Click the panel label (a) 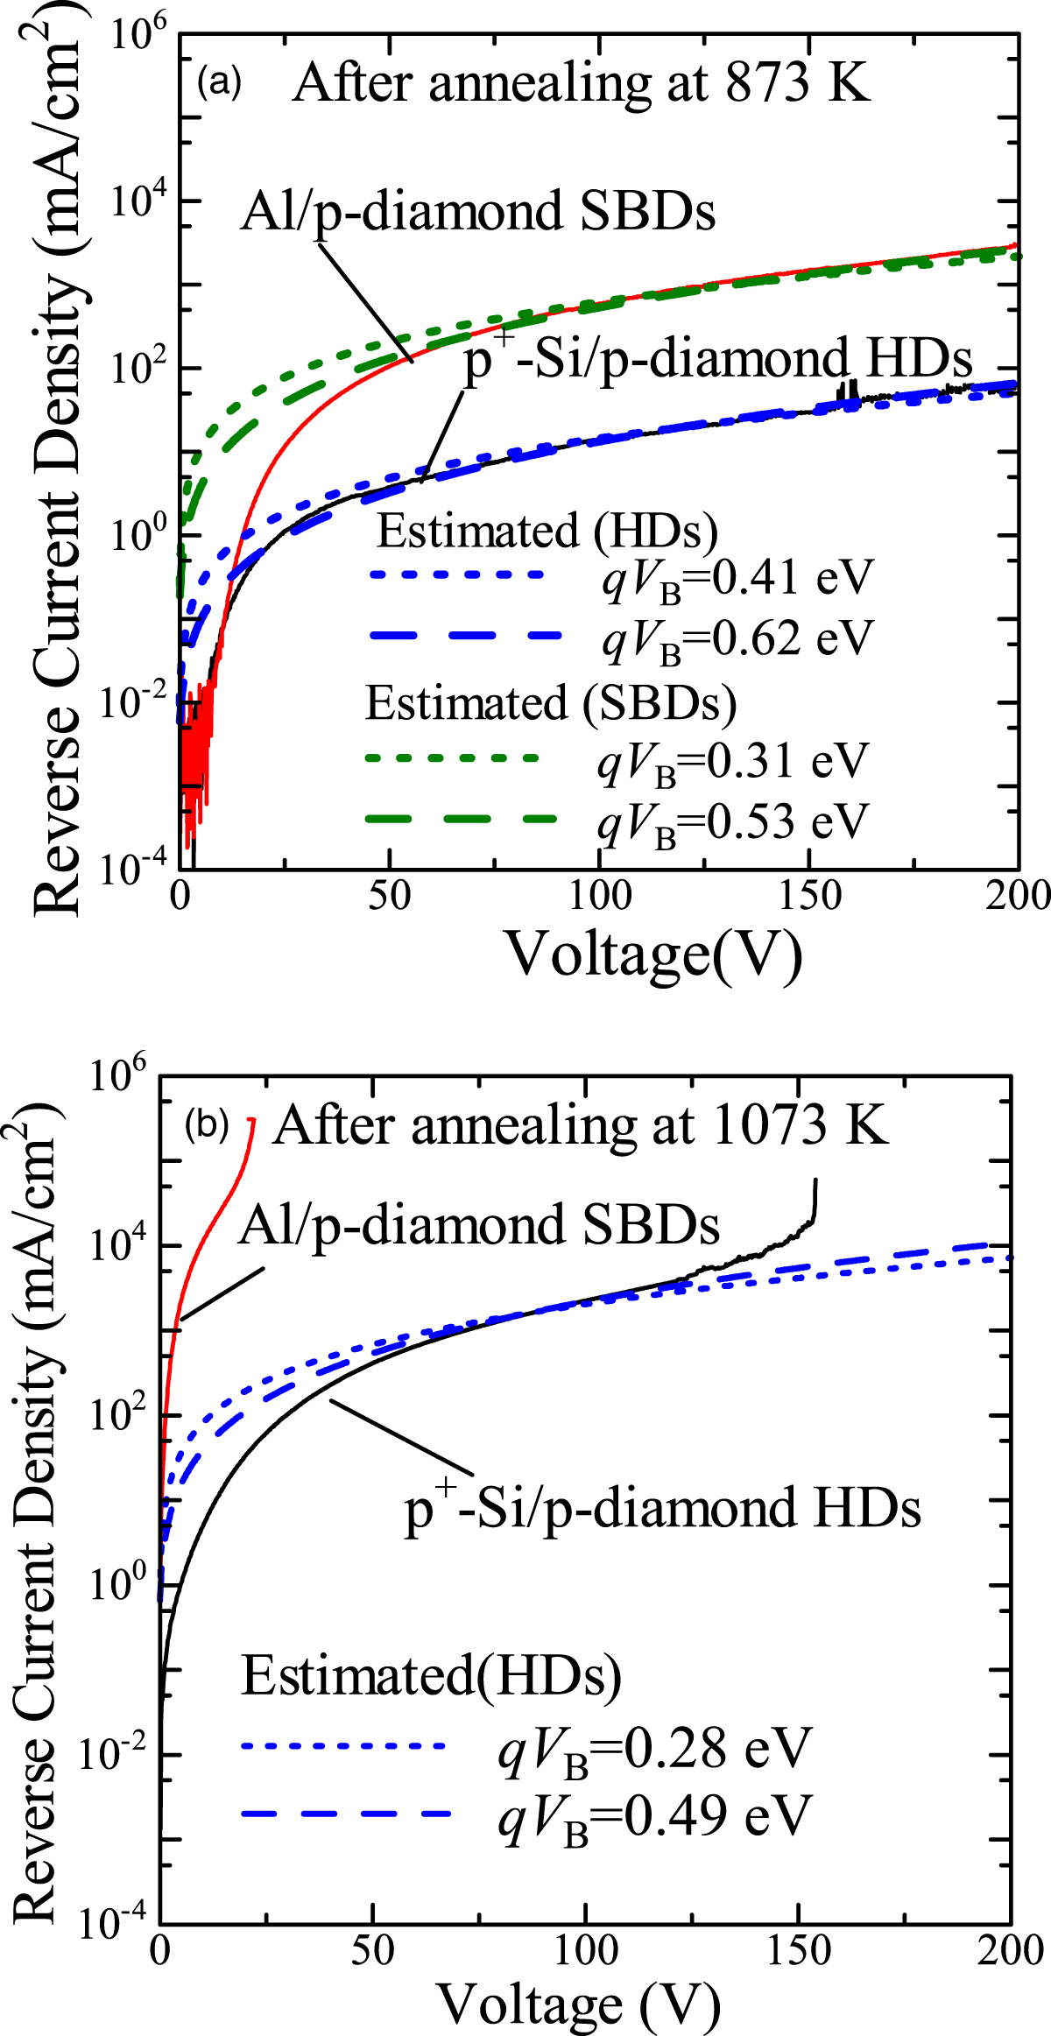pyautogui.click(x=218, y=83)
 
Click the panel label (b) pyautogui.click(x=206, y=1125)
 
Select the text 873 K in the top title pyautogui.click(x=798, y=84)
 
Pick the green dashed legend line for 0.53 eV pyautogui.click(x=460, y=819)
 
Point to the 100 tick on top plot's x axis pyautogui.click(x=600, y=896)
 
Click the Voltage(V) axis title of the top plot pyautogui.click(x=653, y=955)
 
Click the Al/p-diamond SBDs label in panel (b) pyautogui.click(x=478, y=1225)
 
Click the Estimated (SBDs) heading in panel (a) pyautogui.click(x=550, y=703)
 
